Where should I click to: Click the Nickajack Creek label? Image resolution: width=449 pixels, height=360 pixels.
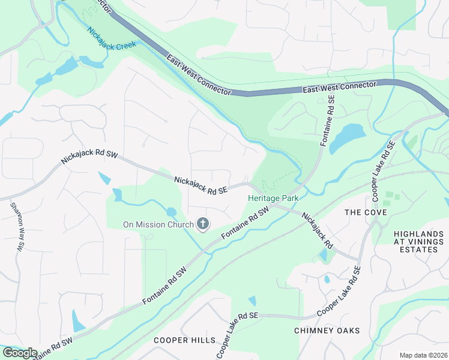112,40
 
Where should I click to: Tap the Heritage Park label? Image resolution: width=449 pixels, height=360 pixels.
273,197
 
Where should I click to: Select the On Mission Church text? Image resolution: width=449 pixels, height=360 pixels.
158,224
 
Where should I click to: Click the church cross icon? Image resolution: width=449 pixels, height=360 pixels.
203,224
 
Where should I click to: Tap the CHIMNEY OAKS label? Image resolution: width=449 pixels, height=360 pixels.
327,331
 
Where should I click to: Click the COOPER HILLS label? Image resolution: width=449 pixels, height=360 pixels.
184,340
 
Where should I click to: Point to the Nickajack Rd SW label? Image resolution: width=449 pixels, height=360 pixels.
89,158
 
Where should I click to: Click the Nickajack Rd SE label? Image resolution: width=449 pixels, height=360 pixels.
202,185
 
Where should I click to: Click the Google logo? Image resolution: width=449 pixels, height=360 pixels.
19,353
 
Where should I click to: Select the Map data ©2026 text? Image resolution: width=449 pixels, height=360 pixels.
424,355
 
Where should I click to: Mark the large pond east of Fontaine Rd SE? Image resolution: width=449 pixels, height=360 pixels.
346,138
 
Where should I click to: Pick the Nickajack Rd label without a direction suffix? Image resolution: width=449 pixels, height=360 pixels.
316,231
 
